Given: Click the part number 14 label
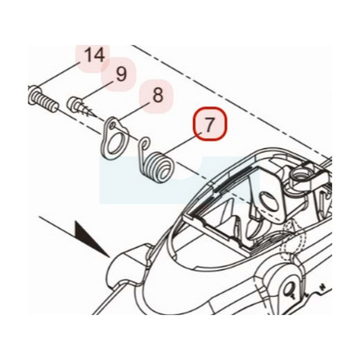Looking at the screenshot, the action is tap(95, 55).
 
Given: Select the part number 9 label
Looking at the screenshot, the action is tap(121, 74).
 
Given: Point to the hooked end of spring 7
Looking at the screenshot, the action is tap(144, 143).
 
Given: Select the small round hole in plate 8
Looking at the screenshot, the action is tap(112, 125).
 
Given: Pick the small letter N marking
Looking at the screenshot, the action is tap(323, 286).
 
